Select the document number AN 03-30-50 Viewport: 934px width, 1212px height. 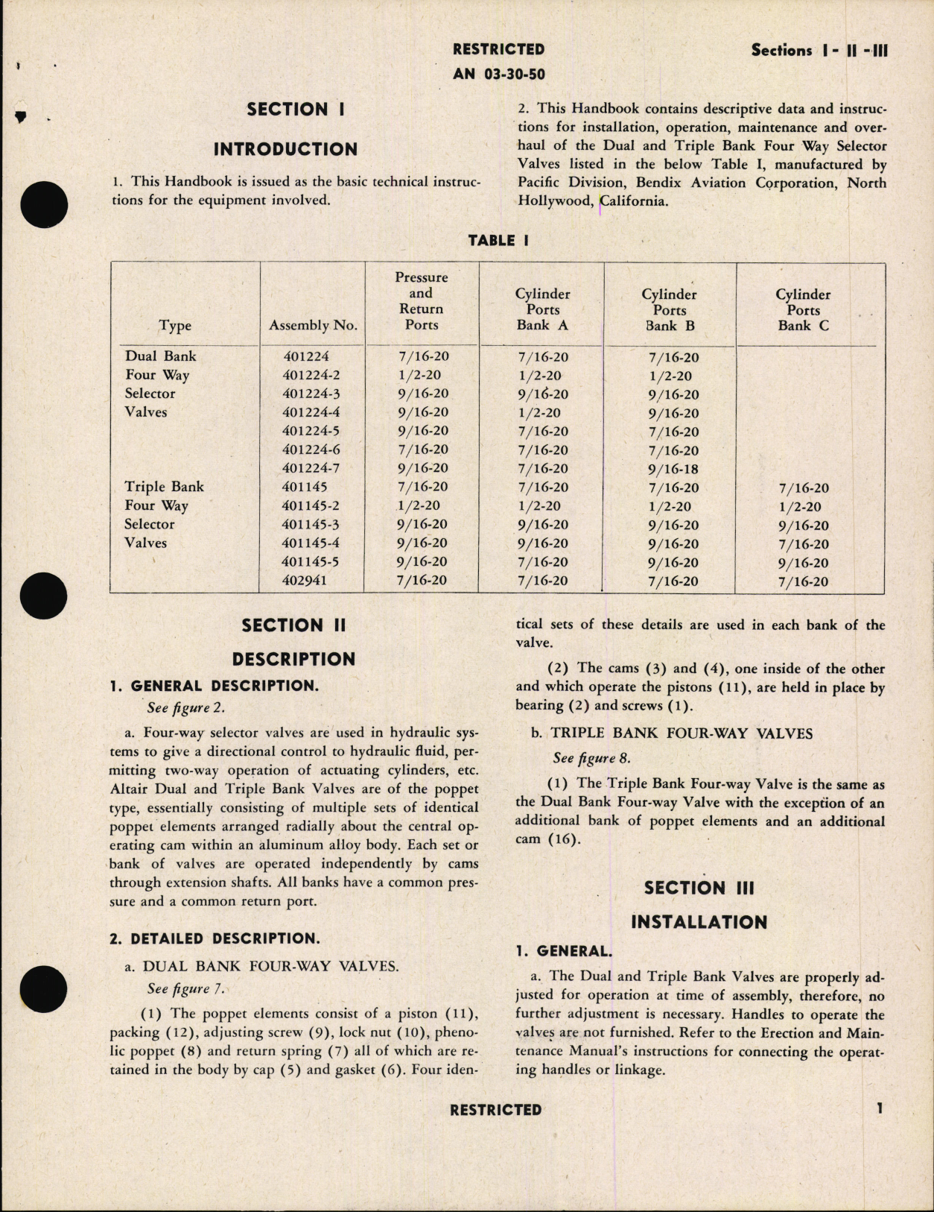[498, 75]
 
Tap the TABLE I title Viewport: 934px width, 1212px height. [498, 240]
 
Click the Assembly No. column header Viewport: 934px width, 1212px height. [313, 325]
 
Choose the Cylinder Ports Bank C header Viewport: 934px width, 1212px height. [802, 310]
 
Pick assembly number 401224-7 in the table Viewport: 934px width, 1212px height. [311, 468]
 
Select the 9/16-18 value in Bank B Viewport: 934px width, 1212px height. [673, 470]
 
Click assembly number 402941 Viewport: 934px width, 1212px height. [305, 581]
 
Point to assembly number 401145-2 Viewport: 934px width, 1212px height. [311, 505]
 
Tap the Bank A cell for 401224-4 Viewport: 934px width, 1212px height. [542, 413]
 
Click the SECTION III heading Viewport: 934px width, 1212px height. [699, 888]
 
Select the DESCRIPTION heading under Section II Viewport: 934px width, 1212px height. [293, 659]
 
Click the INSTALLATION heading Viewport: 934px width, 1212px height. [699, 922]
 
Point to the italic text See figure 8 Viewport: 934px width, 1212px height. [591, 758]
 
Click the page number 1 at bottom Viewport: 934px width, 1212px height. [880, 1108]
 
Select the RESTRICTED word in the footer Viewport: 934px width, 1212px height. [495, 1110]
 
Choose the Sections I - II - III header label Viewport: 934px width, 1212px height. [819, 51]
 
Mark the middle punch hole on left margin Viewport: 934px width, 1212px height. [44, 596]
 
